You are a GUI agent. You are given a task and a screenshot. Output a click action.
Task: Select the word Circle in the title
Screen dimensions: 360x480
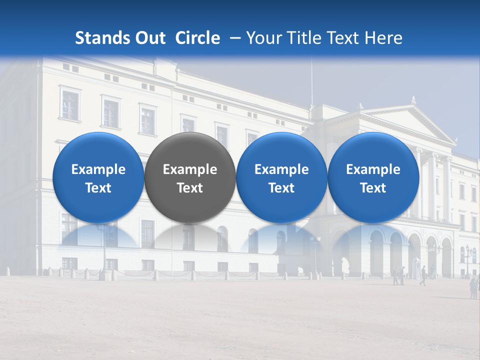[x=197, y=38]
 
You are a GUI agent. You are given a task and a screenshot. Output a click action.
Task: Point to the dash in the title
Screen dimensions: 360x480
[x=233, y=38]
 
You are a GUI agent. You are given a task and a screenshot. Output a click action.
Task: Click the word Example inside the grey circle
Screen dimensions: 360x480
[x=190, y=169]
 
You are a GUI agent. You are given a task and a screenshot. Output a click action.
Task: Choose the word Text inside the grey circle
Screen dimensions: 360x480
[x=190, y=188]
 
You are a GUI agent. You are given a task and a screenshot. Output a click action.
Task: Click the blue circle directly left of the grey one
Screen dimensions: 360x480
[x=98, y=177]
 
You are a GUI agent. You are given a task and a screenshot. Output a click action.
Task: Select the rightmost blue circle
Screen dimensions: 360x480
[x=373, y=177]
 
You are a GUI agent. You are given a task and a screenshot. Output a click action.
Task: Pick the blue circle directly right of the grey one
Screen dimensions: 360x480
[x=281, y=177]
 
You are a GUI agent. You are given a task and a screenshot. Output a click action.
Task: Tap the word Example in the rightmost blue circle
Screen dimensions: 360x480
[x=373, y=169]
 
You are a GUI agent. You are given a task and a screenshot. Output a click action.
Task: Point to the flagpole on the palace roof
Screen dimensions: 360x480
[x=312, y=80]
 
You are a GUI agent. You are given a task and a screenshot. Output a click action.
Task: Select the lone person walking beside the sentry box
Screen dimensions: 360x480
[x=423, y=275]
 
